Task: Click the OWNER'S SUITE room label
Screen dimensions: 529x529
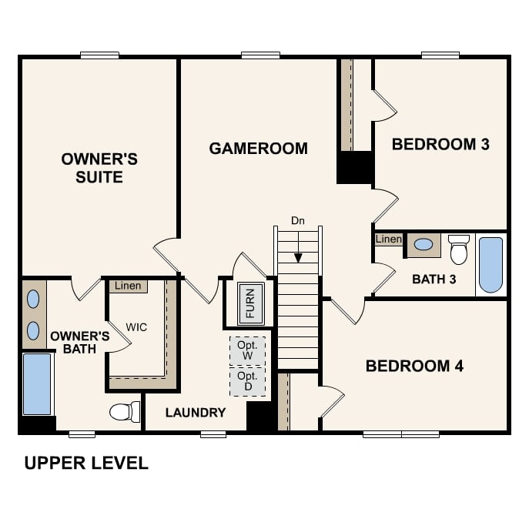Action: [99, 168]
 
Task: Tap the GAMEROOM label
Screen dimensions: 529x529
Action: [258, 149]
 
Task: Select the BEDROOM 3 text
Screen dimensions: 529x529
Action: [440, 144]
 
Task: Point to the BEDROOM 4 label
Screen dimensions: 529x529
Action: [414, 366]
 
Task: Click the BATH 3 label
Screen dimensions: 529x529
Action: [434, 279]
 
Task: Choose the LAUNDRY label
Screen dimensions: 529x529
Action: [196, 413]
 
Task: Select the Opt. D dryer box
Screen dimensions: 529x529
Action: [247, 381]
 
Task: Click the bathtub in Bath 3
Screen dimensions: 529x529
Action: [490, 264]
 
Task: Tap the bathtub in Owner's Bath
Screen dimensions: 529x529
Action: [37, 383]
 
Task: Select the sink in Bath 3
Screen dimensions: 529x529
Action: [424, 245]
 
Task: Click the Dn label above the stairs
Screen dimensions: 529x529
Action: [298, 221]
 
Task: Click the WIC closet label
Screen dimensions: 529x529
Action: [136, 327]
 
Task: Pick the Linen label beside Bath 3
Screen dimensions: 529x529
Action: [388, 239]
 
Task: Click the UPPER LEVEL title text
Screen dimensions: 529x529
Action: [86, 463]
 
